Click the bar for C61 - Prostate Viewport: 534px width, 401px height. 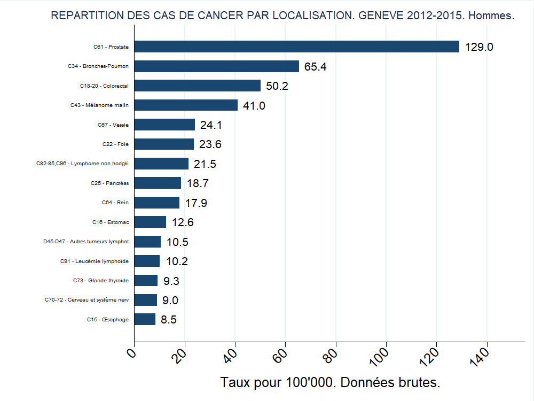pos(296,47)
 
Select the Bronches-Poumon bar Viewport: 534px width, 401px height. pos(216,66)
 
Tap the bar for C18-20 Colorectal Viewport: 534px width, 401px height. pos(197,86)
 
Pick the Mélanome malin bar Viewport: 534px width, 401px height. pos(186,105)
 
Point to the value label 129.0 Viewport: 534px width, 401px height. pos(479,47)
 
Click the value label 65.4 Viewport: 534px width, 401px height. pos(316,67)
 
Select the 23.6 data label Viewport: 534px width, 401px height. pos(210,144)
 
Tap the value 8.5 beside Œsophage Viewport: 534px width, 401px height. pos(169,320)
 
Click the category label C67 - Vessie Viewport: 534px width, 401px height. pos(113,125)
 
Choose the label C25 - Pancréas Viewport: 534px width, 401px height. pos(109,183)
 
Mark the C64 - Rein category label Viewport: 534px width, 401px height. pos(115,203)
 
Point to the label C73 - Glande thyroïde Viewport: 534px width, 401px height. pos(101,281)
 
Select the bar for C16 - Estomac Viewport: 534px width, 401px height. pos(150,222)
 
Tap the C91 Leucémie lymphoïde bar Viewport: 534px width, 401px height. pos(147,261)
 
